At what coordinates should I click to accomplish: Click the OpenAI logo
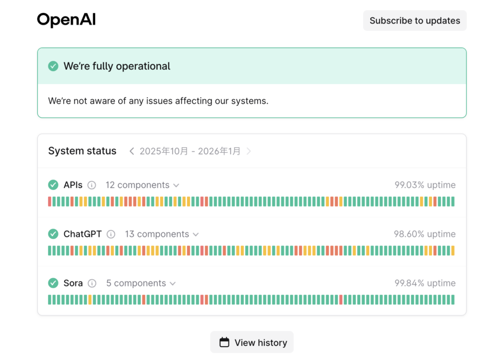(66, 20)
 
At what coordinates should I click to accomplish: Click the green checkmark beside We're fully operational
(53, 66)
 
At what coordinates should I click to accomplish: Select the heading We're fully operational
(117, 66)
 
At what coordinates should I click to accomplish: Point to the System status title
(82, 151)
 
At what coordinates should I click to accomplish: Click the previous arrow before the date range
(131, 151)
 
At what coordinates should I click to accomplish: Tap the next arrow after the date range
(249, 151)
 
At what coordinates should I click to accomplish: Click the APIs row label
(73, 185)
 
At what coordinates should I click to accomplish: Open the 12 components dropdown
(142, 185)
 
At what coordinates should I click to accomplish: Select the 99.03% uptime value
(425, 185)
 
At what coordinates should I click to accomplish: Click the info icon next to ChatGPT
(111, 234)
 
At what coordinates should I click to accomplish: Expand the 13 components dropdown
(162, 234)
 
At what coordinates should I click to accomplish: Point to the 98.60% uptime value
(425, 234)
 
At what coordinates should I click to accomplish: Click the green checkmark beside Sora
(53, 283)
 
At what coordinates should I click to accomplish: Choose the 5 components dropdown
(141, 283)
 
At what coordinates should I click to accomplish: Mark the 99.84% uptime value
(425, 283)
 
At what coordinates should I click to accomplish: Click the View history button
(252, 342)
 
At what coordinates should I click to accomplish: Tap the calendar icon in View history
(224, 342)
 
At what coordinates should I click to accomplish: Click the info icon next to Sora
(92, 283)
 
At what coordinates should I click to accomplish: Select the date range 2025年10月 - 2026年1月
(190, 151)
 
